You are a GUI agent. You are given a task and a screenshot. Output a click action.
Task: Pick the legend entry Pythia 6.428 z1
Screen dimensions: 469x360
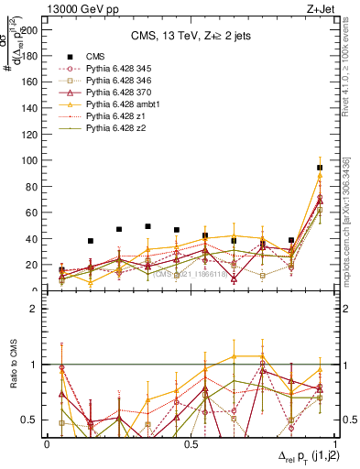(108, 116)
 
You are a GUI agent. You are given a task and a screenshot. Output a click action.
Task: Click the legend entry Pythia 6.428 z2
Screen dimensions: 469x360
(108, 128)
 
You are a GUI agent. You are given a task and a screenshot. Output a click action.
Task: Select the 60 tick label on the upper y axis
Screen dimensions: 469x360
(35, 213)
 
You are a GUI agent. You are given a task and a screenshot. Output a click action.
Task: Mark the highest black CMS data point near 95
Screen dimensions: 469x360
(320, 168)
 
